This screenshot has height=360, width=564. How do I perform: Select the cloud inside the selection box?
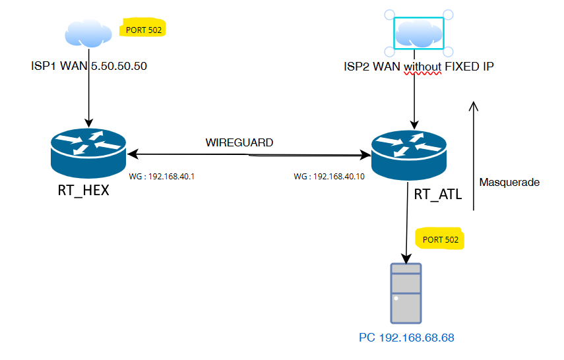(419, 34)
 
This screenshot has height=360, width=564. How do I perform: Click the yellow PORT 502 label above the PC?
(440, 239)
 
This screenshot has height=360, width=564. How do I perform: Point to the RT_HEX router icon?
(88, 150)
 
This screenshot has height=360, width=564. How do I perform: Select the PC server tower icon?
(405, 293)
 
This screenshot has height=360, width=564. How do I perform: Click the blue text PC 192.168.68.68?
(406, 338)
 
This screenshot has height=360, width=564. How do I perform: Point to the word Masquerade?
(509, 182)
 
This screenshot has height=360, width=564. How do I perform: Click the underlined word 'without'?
(422, 67)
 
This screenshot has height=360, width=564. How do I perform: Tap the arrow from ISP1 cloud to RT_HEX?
(88, 99)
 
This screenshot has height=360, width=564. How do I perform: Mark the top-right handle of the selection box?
(448, 15)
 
